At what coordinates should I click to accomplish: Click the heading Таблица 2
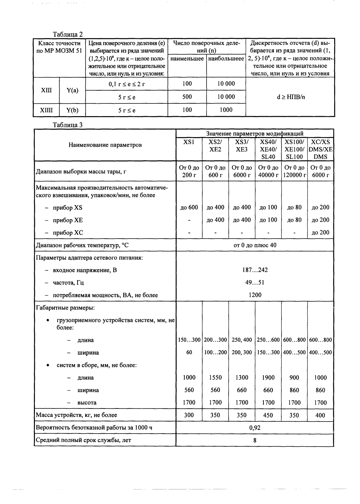(x=68, y=34)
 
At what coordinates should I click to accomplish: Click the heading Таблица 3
(x=68, y=125)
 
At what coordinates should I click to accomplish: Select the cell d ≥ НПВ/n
(x=290, y=97)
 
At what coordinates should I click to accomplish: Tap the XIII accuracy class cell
(x=46, y=90)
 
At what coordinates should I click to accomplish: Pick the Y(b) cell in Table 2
(x=72, y=110)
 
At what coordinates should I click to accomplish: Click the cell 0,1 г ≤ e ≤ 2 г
(x=126, y=84)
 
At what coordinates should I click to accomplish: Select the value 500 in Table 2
(x=187, y=97)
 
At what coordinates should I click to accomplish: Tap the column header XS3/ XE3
(x=242, y=146)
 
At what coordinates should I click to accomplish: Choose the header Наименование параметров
(x=105, y=145)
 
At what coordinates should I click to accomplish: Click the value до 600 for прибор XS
(x=189, y=208)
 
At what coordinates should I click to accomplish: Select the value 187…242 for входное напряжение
(x=255, y=270)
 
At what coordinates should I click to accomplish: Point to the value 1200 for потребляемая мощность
(x=255, y=295)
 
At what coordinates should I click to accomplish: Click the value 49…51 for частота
(x=255, y=282)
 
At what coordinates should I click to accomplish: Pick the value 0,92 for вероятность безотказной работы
(x=255, y=428)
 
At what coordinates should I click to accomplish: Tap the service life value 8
(x=255, y=440)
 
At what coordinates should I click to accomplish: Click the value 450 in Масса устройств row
(x=268, y=415)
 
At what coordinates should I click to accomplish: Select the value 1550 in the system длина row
(x=215, y=378)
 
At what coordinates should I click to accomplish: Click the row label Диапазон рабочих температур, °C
(x=82, y=245)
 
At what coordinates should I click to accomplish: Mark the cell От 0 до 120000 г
(x=294, y=171)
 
